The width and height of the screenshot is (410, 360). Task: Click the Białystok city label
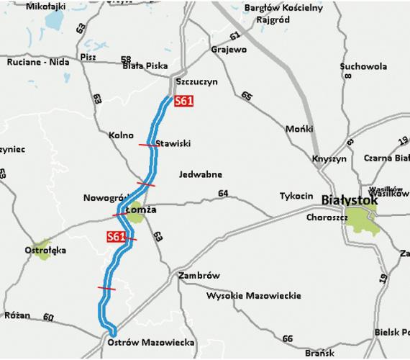pos(349,199)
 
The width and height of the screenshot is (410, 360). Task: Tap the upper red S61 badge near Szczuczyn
pos(183,103)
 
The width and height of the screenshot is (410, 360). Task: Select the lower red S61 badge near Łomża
pos(115,236)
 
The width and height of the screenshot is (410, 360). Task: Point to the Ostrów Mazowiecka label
pos(151,343)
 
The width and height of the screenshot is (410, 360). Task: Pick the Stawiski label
pos(173,143)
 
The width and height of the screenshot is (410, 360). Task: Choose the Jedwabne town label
pos(202,174)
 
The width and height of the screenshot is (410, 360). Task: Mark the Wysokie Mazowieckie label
pos(244,295)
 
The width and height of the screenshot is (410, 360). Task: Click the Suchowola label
pos(363,66)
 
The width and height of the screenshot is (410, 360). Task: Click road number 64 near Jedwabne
pos(222,193)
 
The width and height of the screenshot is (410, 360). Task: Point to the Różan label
pos(17,315)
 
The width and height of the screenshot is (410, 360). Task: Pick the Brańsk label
pos(316,354)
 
